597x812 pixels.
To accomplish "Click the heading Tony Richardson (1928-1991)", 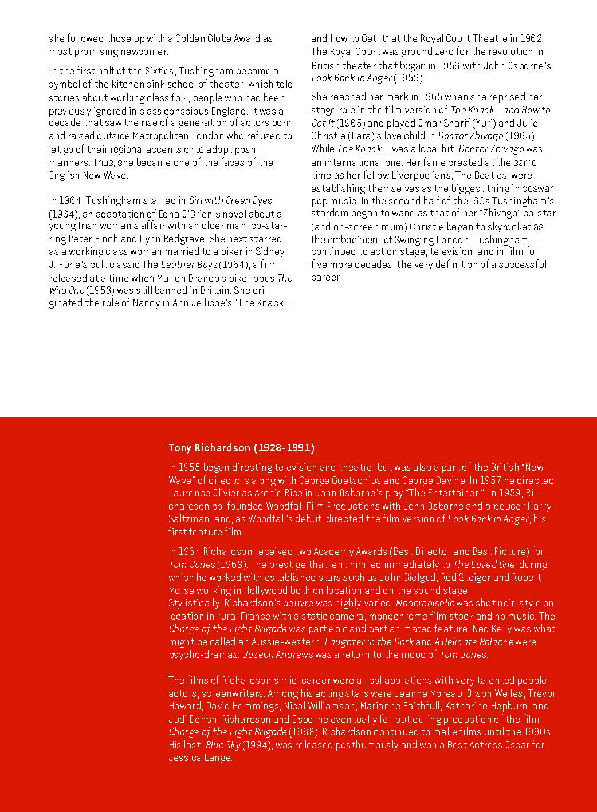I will pos(241,448).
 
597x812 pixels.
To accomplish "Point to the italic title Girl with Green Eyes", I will pos(230,200).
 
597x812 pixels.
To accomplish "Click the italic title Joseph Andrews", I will pos(278,655).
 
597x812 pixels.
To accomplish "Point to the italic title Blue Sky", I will pos(222,745).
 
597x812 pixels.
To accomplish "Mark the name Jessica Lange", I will pos(200,758).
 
